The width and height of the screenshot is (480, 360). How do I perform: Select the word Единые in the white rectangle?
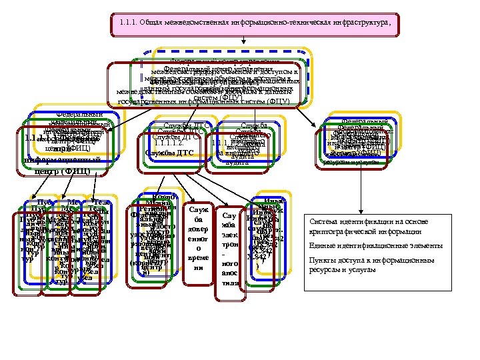(x=322, y=246)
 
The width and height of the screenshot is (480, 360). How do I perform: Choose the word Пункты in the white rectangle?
(x=323, y=261)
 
